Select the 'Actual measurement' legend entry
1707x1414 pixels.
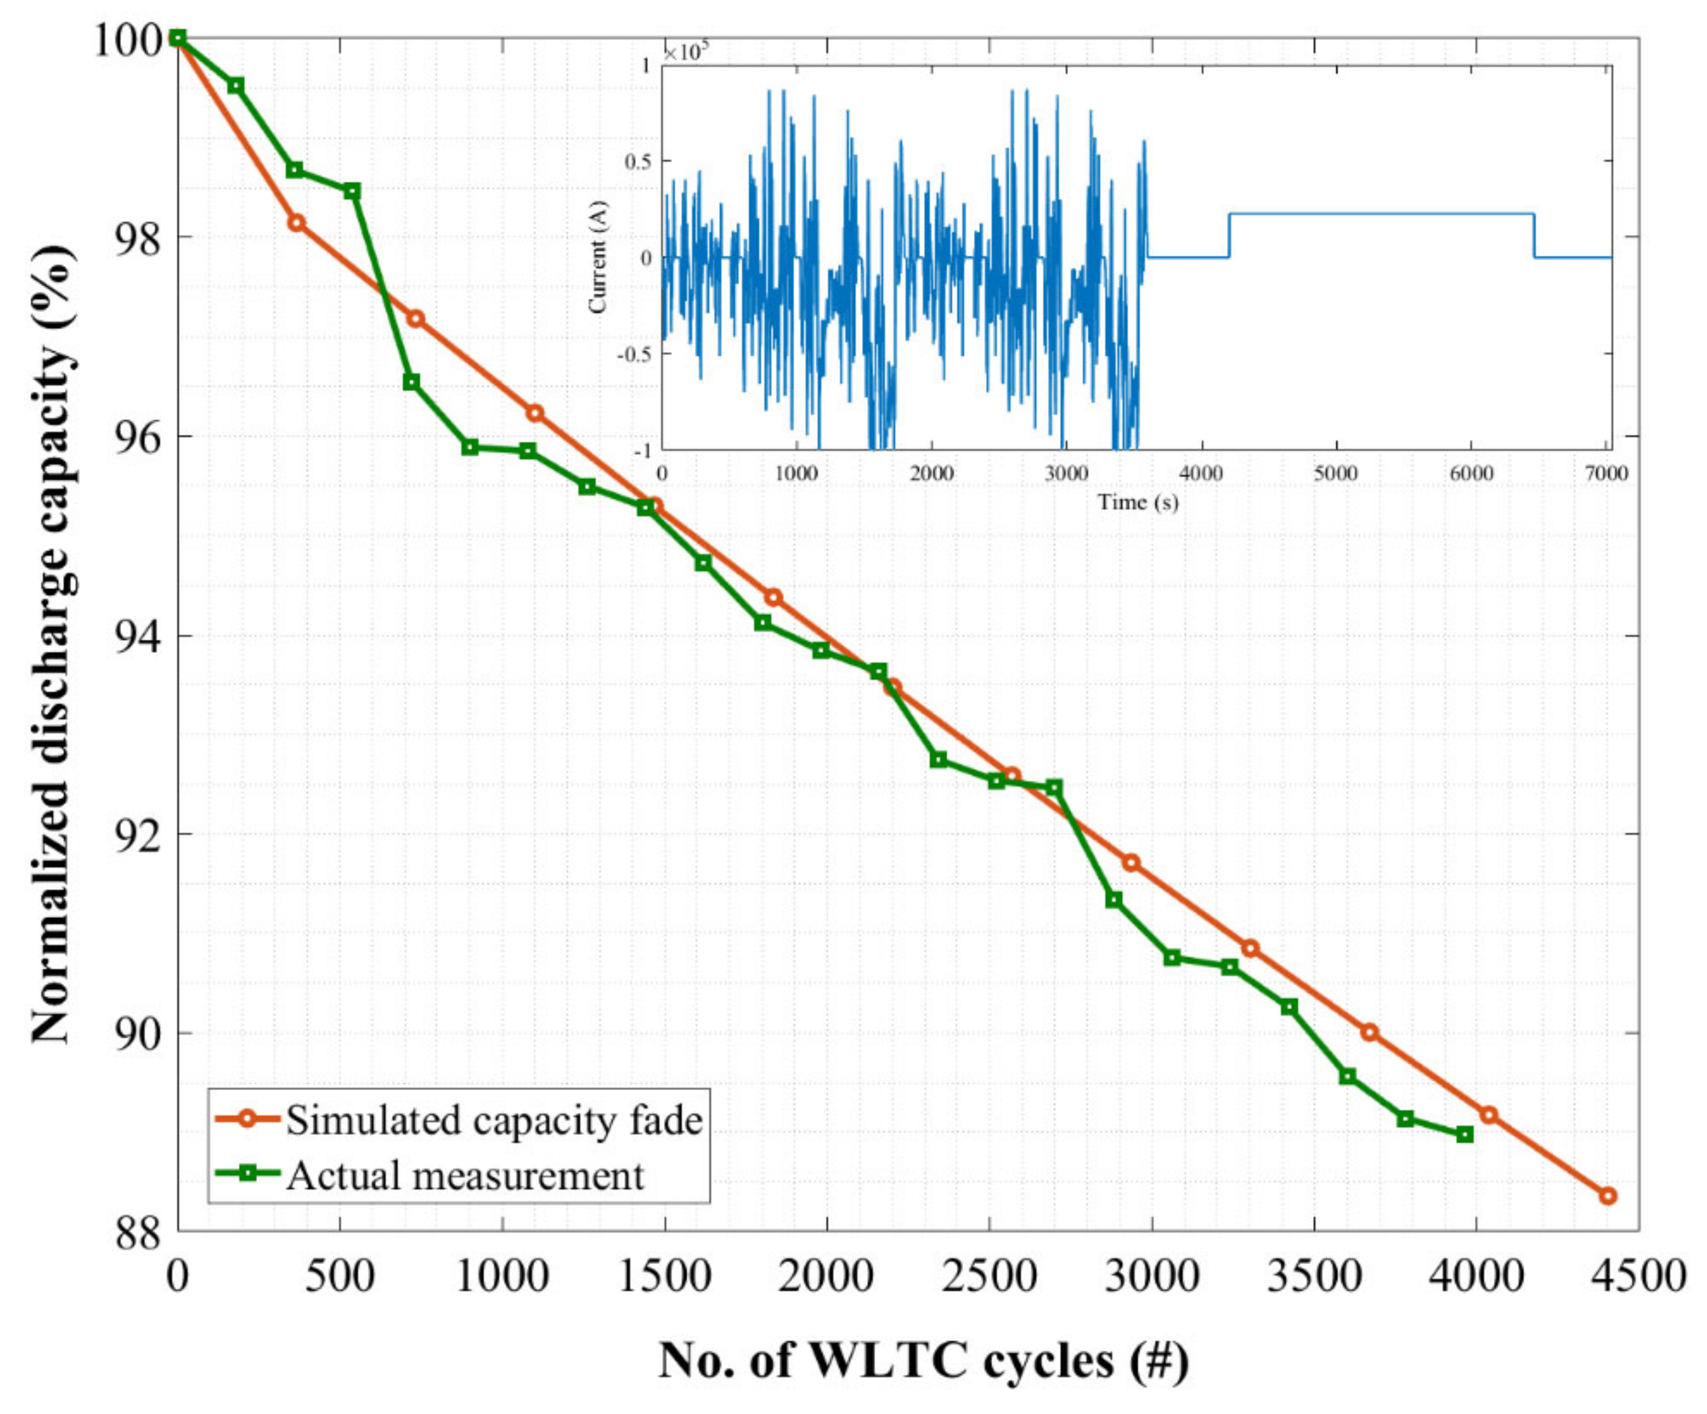465,1176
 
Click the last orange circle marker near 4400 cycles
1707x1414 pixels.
1607,1196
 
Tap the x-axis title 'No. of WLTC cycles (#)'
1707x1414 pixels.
922,1360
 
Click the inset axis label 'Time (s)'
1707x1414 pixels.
1137,502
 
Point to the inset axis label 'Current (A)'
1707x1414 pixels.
599,258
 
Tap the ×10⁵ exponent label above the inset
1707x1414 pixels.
685,53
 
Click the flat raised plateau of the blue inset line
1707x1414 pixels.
1382,214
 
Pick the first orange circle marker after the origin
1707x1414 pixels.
297,222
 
